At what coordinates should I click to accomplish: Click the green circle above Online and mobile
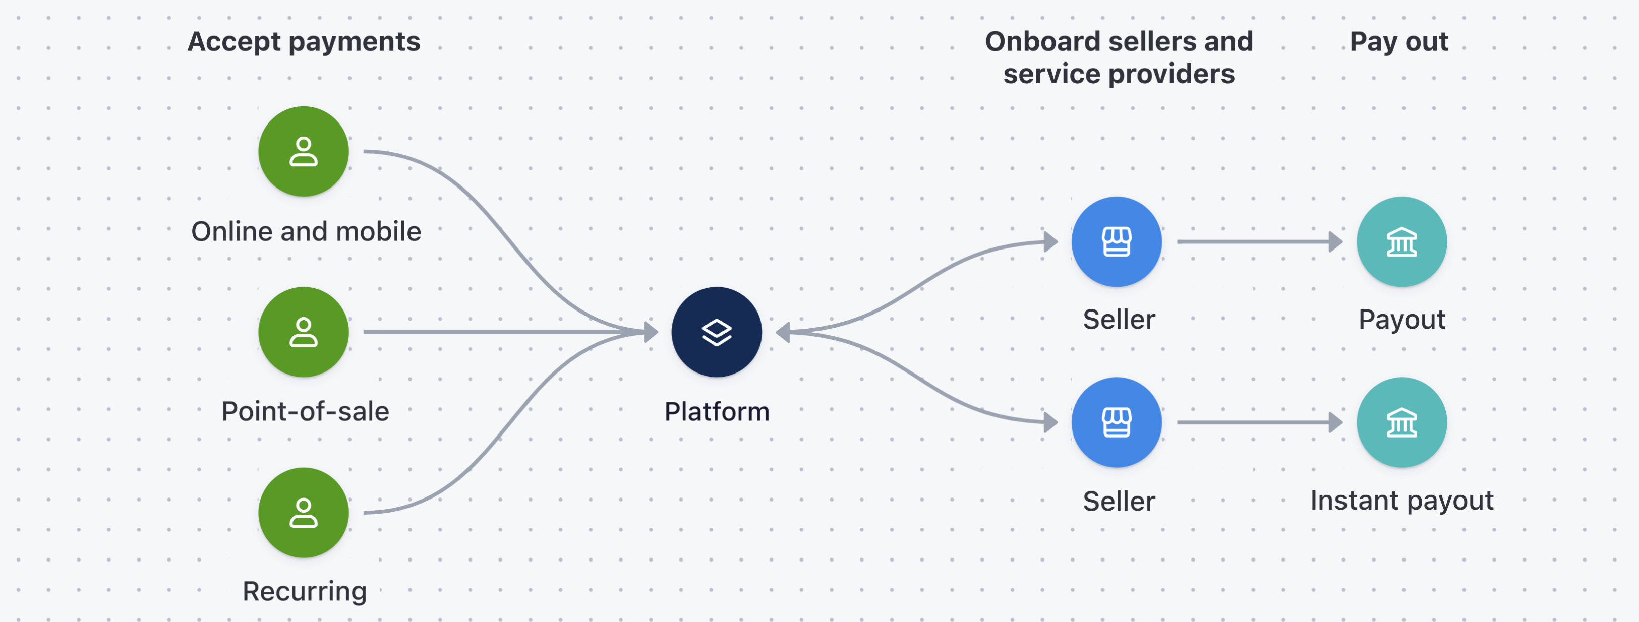point(304,151)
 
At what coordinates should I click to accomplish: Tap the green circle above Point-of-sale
point(304,332)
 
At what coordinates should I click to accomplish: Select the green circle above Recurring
point(304,513)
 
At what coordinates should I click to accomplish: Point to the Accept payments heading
point(304,42)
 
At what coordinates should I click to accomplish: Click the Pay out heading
point(1399,42)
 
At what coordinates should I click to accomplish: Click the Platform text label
point(717,411)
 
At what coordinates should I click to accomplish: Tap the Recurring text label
point(305,591)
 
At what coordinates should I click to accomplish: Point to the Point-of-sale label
point(305,411)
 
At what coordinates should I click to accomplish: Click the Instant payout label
point(1401,501)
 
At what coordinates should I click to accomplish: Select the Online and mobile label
point(306,231)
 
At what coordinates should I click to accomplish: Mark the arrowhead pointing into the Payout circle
point(1336,241)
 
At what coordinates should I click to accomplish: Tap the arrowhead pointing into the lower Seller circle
point(1050,422)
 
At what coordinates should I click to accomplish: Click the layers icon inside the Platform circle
point(717,332)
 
